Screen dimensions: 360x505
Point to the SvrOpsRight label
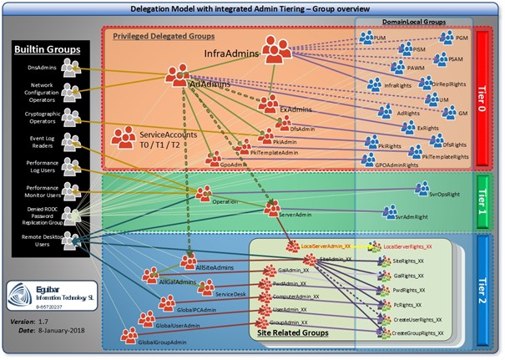[437, 193]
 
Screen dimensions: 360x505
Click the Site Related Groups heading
[289, 333]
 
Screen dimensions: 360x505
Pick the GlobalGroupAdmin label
[164, 342]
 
